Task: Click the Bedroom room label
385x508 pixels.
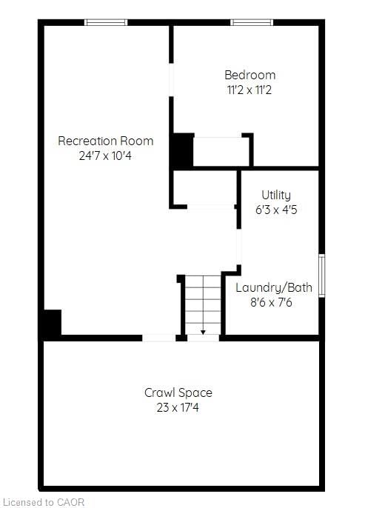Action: pos(250,75)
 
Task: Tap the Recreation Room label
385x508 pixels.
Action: pos(106,141)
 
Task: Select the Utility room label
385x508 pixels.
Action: pos(275,195)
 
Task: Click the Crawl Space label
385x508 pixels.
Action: pos(178,392)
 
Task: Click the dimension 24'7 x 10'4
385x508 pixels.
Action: pos(105,156)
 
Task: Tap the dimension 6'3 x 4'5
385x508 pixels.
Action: pos(275,210)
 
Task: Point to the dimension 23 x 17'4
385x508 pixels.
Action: pos(178,407)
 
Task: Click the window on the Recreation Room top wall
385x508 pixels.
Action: pos(107,22)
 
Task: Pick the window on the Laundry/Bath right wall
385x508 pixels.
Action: pos(321,275)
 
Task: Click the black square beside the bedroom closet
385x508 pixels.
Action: pos(181,150)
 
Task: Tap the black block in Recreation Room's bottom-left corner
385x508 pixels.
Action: pos(51,324)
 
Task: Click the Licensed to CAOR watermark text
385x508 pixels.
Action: pos(44,502)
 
